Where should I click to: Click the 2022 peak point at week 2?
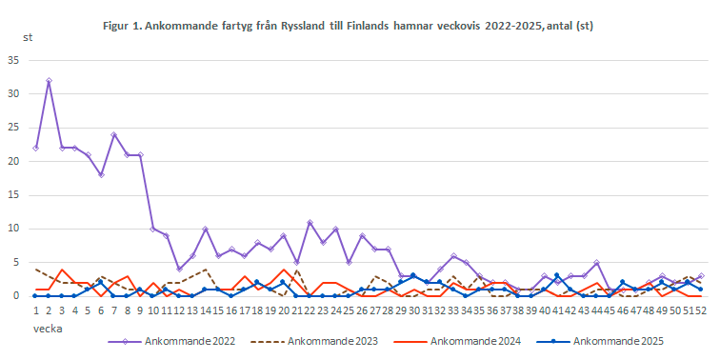pyautogui.click(x=49, y=81)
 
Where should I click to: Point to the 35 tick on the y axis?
pyautogui.click(x=13, y=60)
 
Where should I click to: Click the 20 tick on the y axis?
pyautogui.click(x=13, y=161)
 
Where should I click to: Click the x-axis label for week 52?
pyautogui.click(x=701, y=310)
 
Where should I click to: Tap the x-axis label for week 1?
pyautogui.click(x=35, y=310)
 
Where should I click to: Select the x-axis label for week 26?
pyautogui.click(x=361, y=310)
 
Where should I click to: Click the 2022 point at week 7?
pyautogui.click(x=113, y=134)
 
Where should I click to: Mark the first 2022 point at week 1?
pyautogui.click(x=35, y=148)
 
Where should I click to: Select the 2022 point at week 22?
pyautogui.click(x=310, y=222)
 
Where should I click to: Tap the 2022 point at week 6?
pyautogui.click(x=101, y=174)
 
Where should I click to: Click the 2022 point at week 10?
pyautogui.click(x=152, y=229)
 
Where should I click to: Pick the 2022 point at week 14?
pyautogui.click(x=205, y=229)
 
